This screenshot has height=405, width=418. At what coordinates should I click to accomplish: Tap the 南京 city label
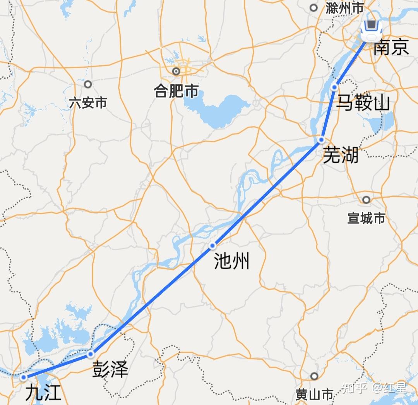coord(391,48)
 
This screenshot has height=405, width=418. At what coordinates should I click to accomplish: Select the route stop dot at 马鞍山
coord(335,88)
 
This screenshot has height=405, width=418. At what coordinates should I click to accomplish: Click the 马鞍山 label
coord(363,103)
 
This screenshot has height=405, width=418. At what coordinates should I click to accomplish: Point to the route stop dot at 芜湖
coord(322,140)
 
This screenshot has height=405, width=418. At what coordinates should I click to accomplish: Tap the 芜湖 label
coord(341,156)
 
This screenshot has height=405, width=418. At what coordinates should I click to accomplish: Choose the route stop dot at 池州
coord(212,245)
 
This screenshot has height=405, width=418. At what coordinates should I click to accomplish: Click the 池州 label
coord(232,261)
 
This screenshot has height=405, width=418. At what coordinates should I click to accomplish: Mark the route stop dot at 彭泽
coord(91,354)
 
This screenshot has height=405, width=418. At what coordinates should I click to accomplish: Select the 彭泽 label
coord(110,370)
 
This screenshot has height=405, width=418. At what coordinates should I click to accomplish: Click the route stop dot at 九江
coord(24,377)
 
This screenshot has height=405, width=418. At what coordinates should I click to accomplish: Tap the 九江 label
coord(43,393)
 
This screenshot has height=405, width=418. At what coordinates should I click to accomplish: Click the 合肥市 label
coord(176,91)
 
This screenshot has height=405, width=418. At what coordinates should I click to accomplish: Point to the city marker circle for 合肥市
coord(176,71)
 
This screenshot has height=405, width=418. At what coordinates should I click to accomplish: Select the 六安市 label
coord(88,103)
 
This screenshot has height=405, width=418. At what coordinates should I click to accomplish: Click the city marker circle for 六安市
coord(88,84)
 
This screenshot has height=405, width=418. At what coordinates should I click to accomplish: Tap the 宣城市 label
coord(366,219)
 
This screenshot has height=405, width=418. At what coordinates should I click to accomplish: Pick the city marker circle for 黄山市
coord(314,376)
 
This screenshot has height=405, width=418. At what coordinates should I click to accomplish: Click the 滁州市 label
coord(345,8)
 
